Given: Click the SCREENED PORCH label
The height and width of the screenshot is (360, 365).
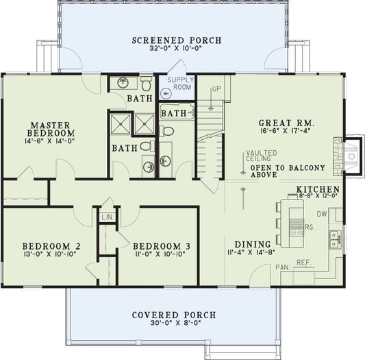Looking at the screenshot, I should click(x=177, y=40).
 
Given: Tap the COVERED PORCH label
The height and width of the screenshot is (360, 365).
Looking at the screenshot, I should click(x=174, y=315).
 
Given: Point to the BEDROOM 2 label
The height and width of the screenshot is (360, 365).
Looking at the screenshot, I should click(x=51, y=246).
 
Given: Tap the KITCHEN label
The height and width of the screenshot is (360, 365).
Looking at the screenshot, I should click(x=318, y=189).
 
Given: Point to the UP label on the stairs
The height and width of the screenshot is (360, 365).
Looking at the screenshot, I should click(x=216, y=90).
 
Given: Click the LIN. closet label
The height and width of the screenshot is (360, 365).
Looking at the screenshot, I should click(x=108, y=217).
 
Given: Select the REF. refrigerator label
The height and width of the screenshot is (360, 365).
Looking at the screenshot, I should click(x=303, y=262).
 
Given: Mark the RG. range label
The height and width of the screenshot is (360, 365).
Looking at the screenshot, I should click(x=309, y=226).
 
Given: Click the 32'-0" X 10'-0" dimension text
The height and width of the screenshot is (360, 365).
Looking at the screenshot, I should click(x=177, y=49).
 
